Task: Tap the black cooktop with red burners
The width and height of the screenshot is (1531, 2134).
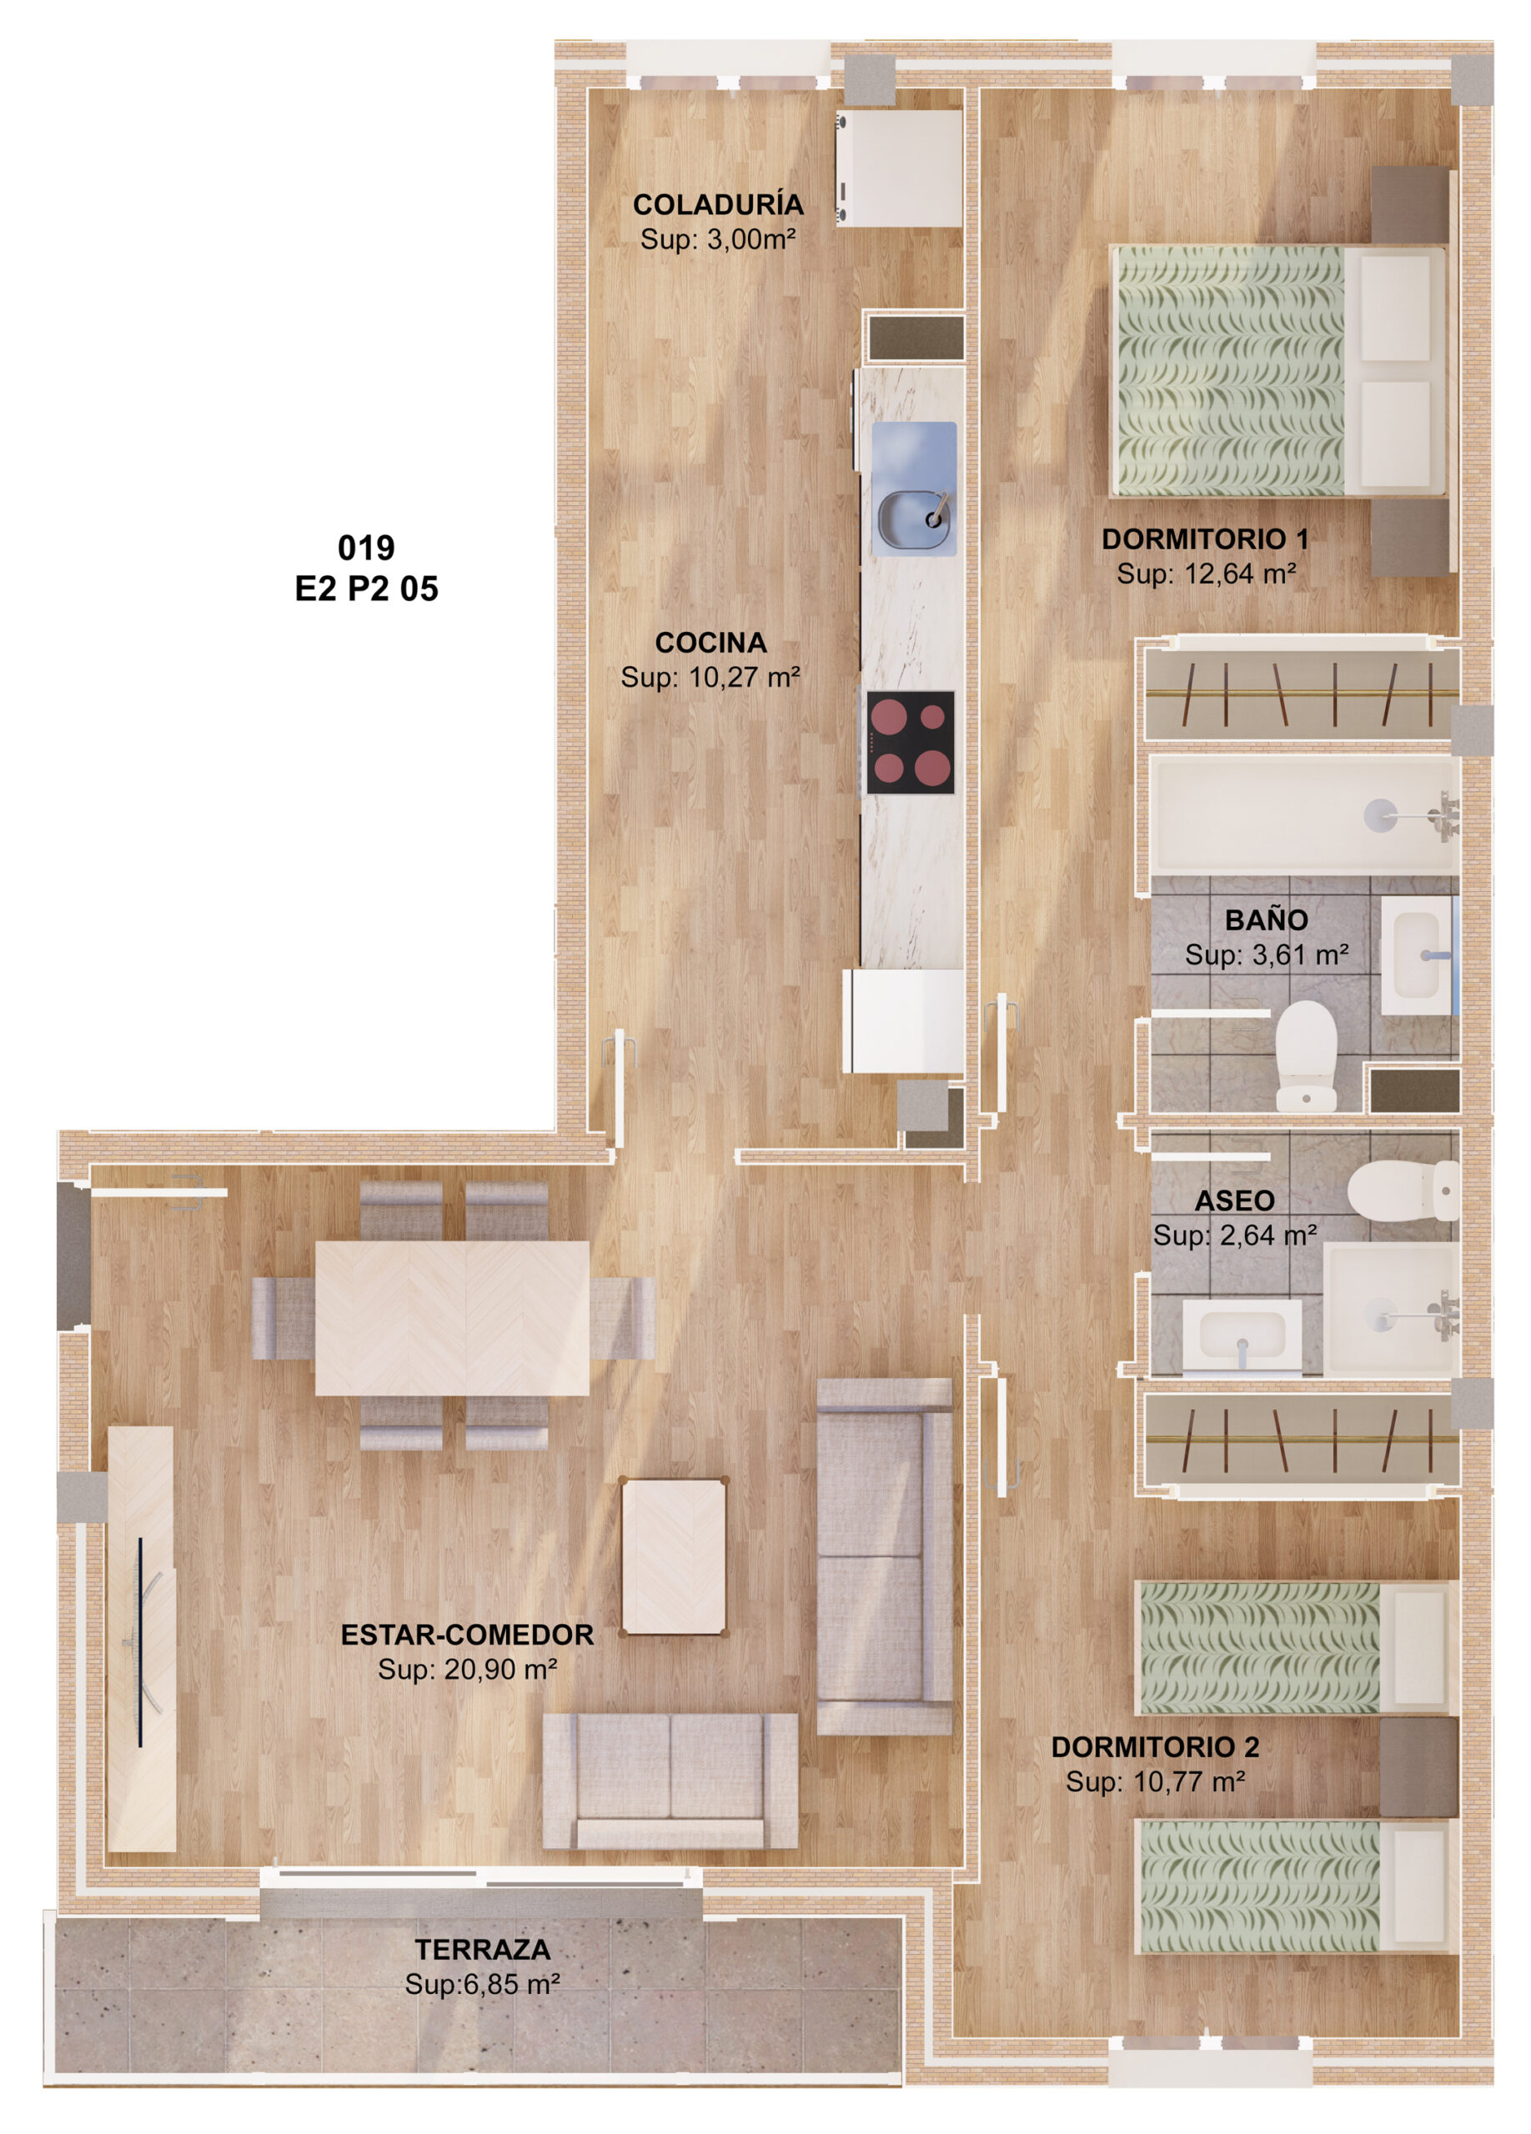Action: [x=910, y=743]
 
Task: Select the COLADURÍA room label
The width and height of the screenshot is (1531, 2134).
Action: [x=718, y=204]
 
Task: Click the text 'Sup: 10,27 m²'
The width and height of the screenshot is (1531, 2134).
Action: [x=710, y=677]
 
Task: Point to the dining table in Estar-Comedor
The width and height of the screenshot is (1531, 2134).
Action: [x=452, y=1317]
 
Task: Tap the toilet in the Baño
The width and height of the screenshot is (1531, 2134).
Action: [x=1306, y=1054]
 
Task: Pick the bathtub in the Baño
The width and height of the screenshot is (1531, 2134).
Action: [x=1304, y=814]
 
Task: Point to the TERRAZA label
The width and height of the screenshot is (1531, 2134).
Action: [x=483, y=1949]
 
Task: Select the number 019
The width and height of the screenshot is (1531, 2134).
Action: [x=366, y=548]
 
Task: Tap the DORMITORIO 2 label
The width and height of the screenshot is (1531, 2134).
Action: [x=1155, y=1746]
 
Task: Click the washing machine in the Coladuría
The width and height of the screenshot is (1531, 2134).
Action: [x=900, y=168]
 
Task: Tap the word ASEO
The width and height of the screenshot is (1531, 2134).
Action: [x=1235, y=1200]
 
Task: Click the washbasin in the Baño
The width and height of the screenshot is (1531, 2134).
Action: [x=1417, y=955]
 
